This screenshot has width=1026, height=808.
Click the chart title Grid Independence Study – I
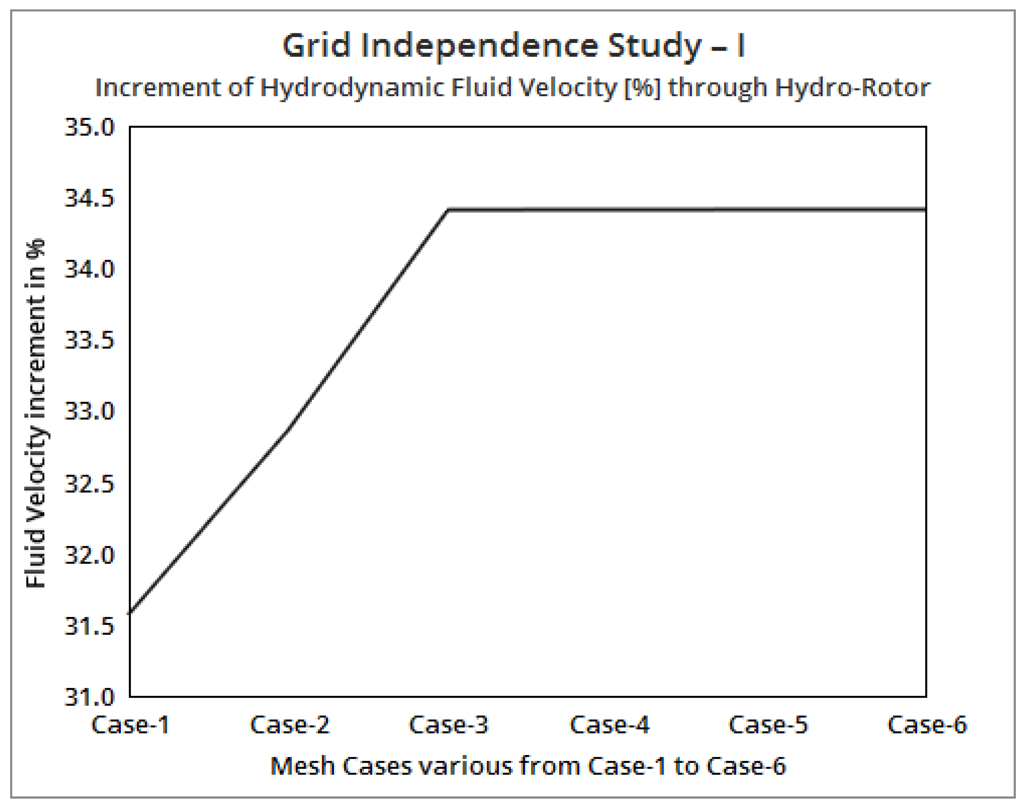(514, 46)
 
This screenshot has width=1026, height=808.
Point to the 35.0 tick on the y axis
(89, 127)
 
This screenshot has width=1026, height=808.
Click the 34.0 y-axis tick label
(89, 270)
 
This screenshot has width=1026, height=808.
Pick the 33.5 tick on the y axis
(89, 341)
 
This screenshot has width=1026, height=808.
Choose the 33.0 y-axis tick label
(89, 411)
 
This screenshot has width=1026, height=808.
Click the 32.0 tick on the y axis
(89, 555)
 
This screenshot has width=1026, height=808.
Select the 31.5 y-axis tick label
(89, 626)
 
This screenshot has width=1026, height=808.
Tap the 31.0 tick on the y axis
(89, 697)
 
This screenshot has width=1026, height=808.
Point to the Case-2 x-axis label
(290, 725)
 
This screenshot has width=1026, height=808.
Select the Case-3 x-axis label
(449, 725)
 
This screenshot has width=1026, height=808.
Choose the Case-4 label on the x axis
(609, 725)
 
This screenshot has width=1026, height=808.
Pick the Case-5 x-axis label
(768, 725)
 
